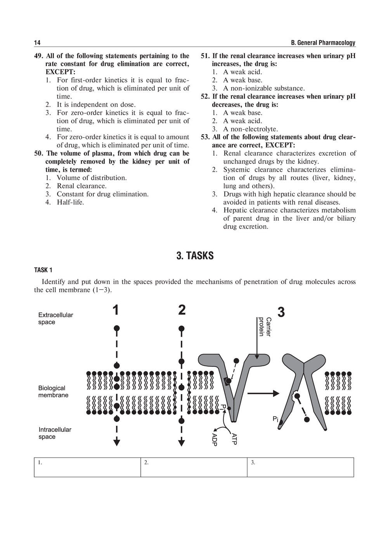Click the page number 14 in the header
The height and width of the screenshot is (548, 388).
37,43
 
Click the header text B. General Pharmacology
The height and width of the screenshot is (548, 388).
323,43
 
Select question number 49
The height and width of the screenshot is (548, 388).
39,56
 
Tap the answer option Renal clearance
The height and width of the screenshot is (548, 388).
81,186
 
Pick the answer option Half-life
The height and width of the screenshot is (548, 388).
70,202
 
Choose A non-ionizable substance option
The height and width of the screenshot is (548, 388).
264,88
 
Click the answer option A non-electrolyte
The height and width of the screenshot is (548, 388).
250,129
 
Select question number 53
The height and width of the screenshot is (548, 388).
205,137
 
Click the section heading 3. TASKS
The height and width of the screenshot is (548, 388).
195,256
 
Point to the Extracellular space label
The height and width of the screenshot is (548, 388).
55,319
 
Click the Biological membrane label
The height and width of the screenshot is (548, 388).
53,391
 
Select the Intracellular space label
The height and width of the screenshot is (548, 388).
55,433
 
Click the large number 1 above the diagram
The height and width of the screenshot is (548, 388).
116,310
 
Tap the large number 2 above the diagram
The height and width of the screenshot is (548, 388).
182,310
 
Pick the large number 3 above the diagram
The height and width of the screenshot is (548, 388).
281,312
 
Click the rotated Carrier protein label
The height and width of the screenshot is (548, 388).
265,327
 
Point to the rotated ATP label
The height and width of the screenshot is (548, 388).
234,439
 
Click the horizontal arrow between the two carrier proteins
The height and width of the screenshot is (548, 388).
263,393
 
